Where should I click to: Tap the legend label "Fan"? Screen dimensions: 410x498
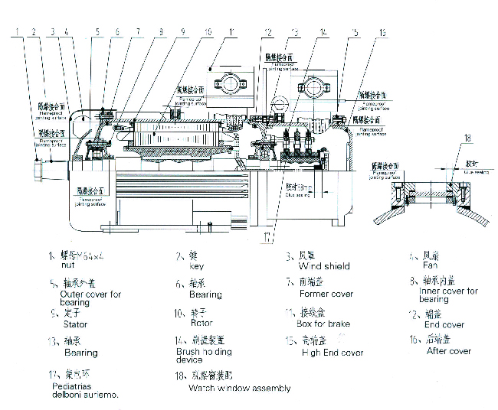[431, 265]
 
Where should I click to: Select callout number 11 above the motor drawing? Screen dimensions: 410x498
[231, 32]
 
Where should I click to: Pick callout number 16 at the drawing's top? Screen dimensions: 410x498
[382, 32]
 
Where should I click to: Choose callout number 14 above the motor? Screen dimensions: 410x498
[324, 32]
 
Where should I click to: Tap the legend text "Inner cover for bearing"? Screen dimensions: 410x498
[448, 295]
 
